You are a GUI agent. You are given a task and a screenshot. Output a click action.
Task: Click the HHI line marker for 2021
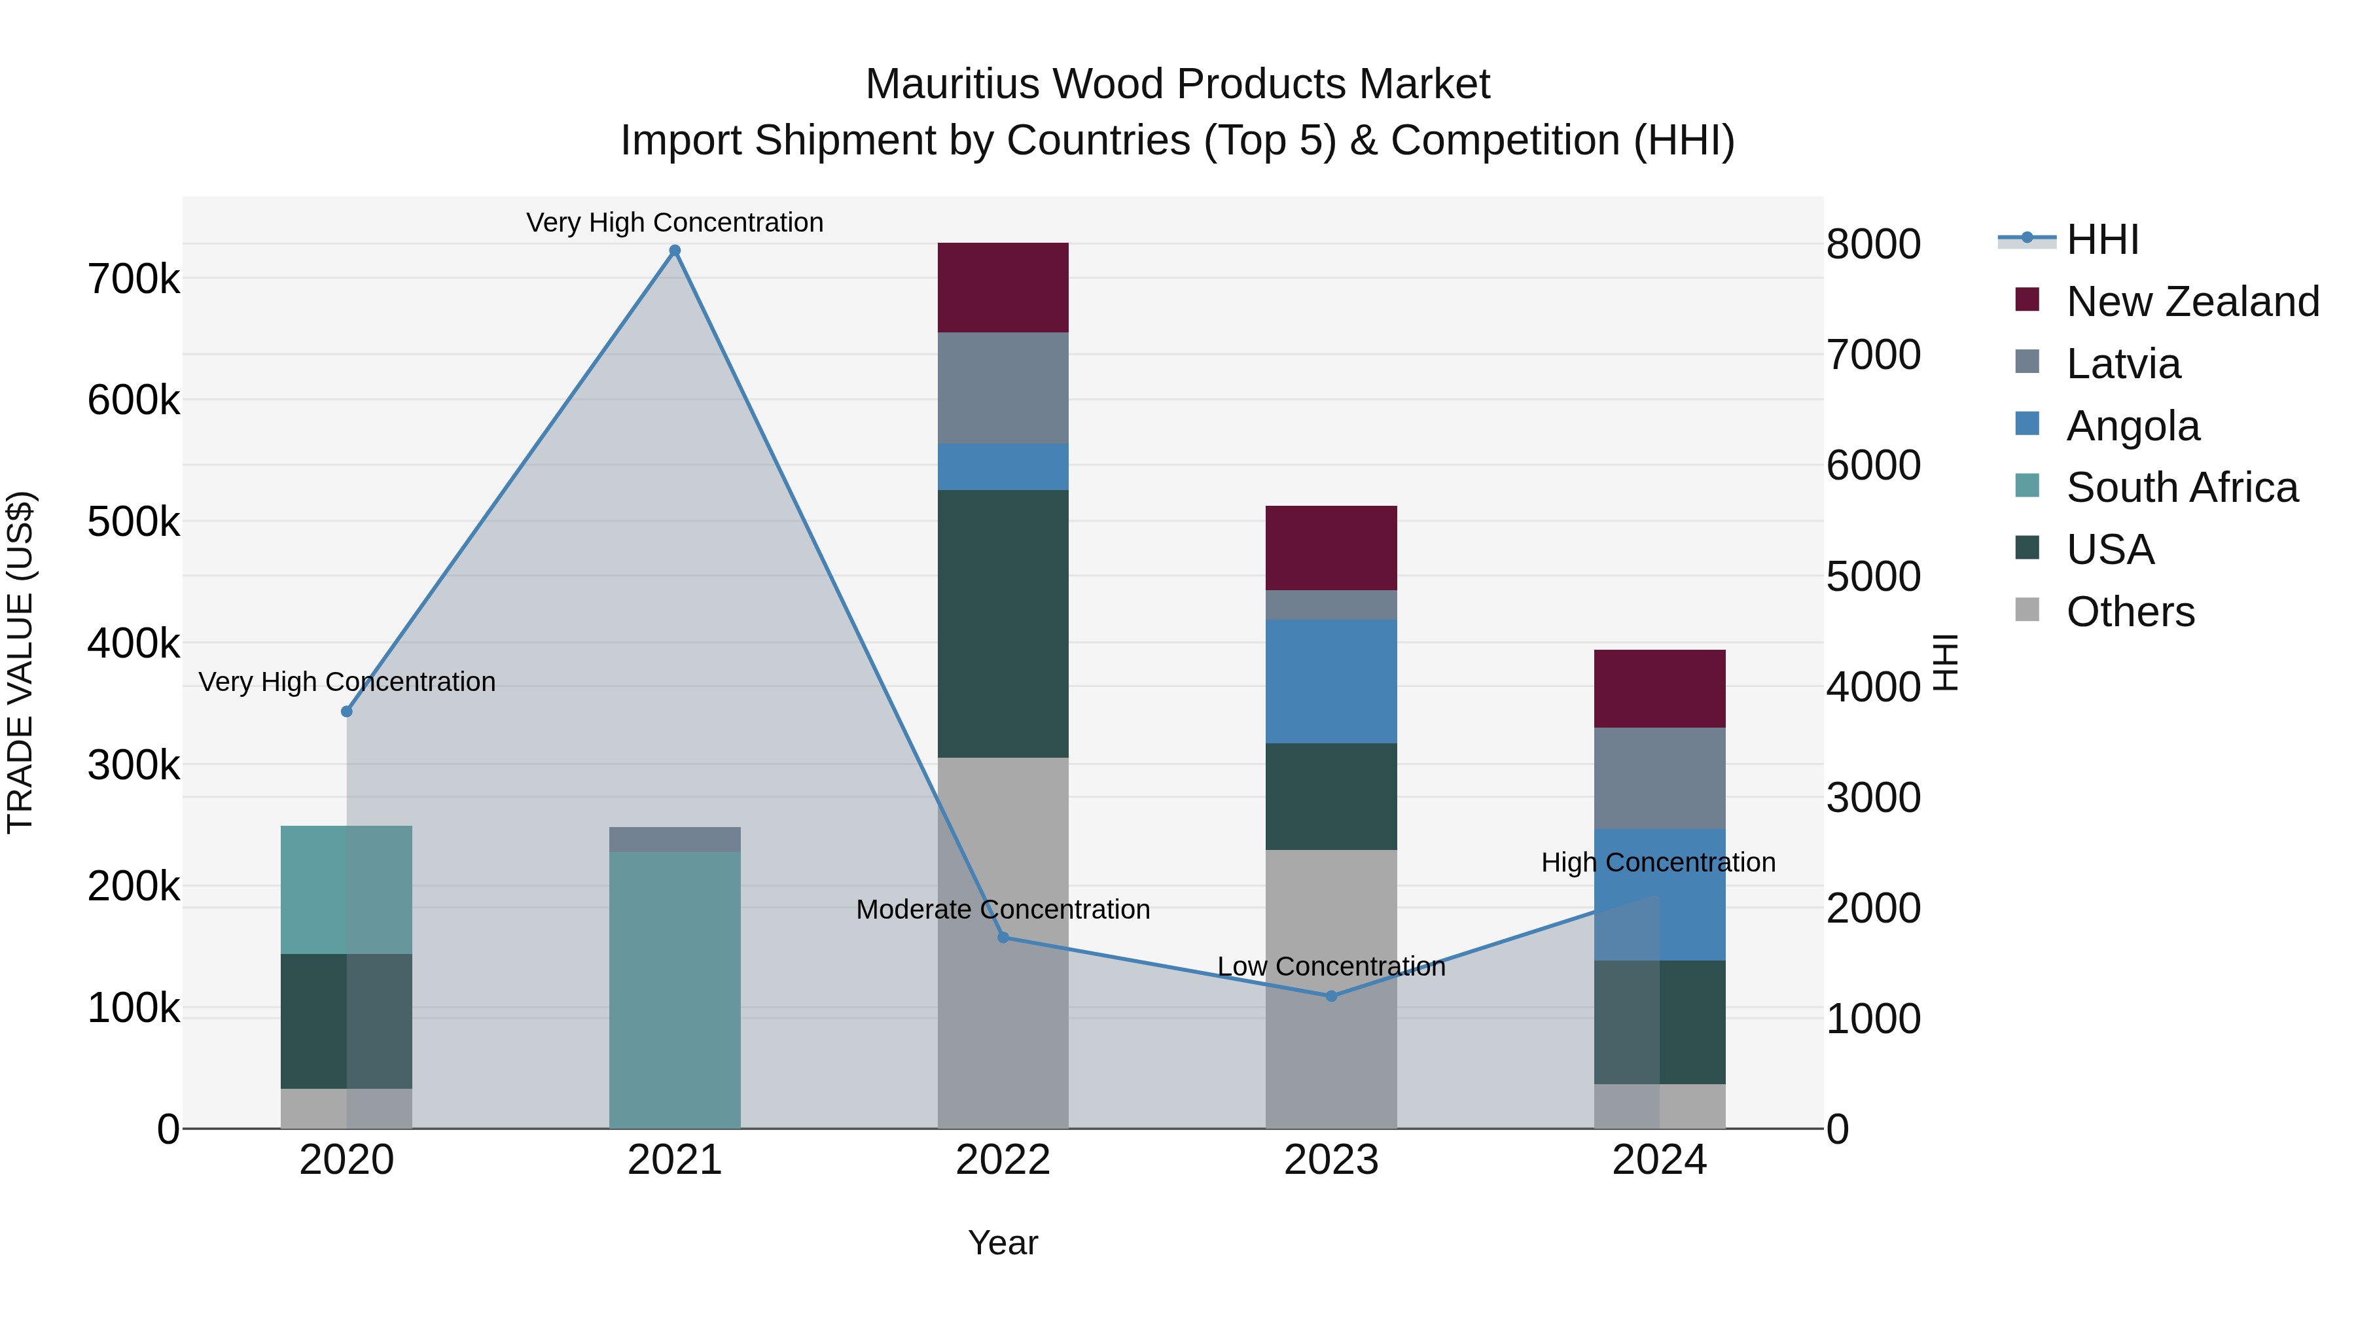click(x=675, y=251)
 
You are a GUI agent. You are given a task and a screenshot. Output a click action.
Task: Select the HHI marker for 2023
click(x=1332, y=996)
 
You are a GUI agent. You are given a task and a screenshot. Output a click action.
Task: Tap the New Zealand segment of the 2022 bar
click(x=1003, y=287)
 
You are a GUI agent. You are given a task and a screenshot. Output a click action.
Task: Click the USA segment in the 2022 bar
click(x=1003, y=623)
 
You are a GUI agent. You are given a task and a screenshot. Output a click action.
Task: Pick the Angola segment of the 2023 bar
click(x=1332, y=680)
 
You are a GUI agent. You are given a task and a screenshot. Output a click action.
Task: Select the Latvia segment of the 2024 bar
click(x=1660, y=777)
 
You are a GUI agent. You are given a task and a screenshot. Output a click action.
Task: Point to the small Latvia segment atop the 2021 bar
click(x=675, y=839)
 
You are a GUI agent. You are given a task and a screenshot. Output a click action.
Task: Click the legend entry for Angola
click(x=2132, y=426)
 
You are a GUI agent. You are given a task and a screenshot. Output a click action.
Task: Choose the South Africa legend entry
click(x=2181, y=487)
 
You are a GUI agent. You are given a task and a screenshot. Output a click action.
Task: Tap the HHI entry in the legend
click(x=2101, y=239)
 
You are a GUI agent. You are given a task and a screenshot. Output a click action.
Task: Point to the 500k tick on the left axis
click(x=134, y=522)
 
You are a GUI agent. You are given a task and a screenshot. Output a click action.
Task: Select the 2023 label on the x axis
click(x=1332, y=1160)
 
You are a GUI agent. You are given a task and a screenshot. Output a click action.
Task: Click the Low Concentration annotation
click(x=1332, y=966)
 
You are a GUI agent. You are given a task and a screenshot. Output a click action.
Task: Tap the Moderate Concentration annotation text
click(x=1003, y=910)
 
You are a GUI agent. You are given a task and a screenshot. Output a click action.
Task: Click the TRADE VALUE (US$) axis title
click(x=20, y=662)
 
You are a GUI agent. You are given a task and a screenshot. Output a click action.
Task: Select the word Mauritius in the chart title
click(x=951, y=84)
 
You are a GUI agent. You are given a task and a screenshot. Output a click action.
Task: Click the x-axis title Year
click(x=1003, y=1243)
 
